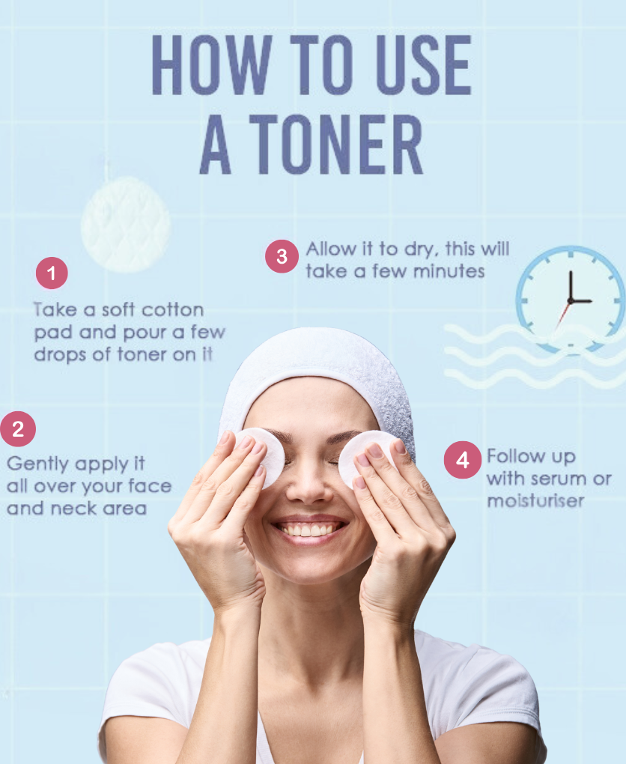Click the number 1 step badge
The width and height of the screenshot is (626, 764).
52,273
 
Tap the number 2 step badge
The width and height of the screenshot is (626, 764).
18,429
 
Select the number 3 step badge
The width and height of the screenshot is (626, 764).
282,256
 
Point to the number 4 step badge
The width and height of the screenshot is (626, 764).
462,460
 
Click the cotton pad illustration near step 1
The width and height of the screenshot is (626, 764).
125,224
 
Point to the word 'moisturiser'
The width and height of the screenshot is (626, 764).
535,500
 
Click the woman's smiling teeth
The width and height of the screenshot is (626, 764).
310,530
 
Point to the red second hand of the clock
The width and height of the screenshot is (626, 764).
562,315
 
